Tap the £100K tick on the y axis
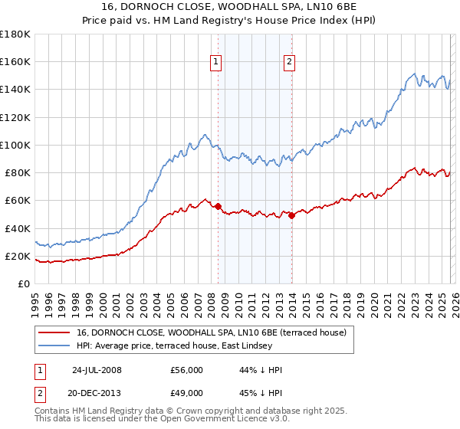click(x=15, y=145)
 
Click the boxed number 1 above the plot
click(x=215, y=63)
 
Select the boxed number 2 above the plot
click(x=289, y=63)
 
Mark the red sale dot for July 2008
click(x=219, y=206)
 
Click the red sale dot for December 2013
click(x=291, y=215)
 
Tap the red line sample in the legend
click(x=54, y=332)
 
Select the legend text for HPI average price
click(x=174, y=346)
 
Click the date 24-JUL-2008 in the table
click(x=97, y=370)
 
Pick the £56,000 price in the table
click(x=187, y=370)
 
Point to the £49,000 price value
click(x=187, y=391)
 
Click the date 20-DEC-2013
click(x=97, y=391)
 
